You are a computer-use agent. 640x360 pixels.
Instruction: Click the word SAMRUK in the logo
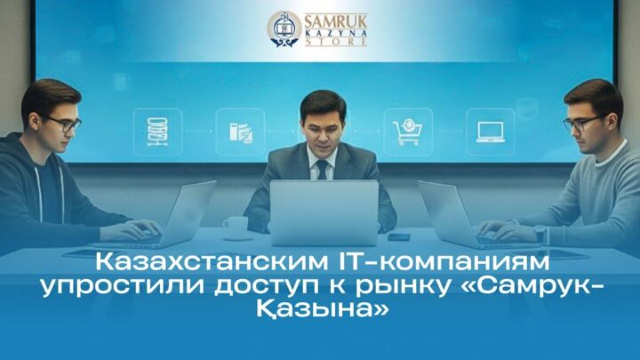(x=336, y=20)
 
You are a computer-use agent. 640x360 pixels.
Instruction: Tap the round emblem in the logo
(x=284, y=29)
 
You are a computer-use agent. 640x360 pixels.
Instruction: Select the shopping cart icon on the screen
(x=408, y=132)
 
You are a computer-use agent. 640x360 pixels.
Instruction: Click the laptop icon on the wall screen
(x=490, y=132)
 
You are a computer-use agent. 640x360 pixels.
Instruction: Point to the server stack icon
(x=157, y=132)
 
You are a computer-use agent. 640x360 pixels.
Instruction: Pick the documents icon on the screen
(x=240, y=132)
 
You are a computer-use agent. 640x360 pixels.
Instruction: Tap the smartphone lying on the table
(x=399, y=236)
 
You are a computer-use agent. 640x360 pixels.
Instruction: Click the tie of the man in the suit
(x=322, y=170)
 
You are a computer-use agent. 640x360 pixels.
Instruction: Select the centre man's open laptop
(x=324, y=212)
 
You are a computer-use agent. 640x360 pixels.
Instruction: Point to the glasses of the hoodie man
(x=65, y=124)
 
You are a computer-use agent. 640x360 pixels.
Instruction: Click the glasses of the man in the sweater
(x=580, y=124)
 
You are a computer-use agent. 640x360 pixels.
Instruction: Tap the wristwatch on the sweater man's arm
(x=540, y=234)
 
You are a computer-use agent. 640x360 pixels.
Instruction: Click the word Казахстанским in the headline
(x=212, y=262)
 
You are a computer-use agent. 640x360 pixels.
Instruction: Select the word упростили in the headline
(x=124, y=287)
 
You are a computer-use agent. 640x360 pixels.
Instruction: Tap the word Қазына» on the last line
(x=323, y=310)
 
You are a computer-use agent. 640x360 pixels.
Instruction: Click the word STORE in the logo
(x=336, y=42)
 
